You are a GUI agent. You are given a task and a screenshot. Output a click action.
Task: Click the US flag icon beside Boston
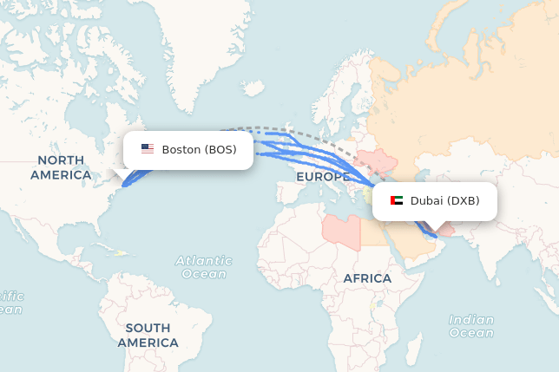coord(148,149)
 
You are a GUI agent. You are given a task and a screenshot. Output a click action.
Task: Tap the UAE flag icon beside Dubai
coord(397,200)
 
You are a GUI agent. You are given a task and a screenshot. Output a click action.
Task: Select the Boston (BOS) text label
coord(199,149)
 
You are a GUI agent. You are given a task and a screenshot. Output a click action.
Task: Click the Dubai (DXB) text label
coord(444,200)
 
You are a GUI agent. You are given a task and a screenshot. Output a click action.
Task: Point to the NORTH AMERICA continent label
coord(61,167)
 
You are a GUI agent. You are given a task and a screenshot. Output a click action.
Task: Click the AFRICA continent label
coord(367,278)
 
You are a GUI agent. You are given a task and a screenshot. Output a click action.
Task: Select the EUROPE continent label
coord(322,177)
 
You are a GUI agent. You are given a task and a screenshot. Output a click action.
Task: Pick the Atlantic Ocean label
coord(204,266)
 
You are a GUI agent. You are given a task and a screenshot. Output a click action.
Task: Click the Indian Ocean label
coord(471,326)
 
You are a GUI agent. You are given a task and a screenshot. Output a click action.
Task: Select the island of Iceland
coord(254,88)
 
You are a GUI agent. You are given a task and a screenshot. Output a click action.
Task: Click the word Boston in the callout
coord(181,149)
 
